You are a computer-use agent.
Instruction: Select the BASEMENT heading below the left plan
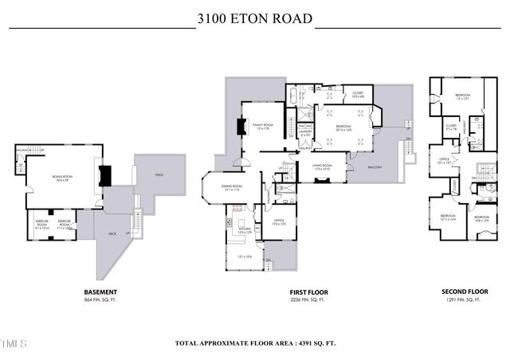pyautogui.click(x=100, y=292)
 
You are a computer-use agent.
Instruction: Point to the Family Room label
pyautogui.click(x=263, y=126)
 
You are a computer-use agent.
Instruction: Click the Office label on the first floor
pyautogui.click(x=279, y=220)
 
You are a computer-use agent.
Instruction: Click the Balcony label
pyautogui.click(x=374, y=167)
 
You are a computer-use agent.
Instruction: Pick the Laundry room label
pyautogui.click(x=304, y=133)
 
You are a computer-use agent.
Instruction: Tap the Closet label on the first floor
pyautogui.click(x=357, y=94)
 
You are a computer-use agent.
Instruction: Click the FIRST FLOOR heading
pyautogui.click(x=308, y=292)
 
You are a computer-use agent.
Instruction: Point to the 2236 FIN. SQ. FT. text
pyautogui.click(x=308, y=302)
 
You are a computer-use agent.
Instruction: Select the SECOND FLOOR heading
pyautogui.click(x=464, y=292)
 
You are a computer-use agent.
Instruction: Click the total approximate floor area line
pyautogui.click(x=254, y=343)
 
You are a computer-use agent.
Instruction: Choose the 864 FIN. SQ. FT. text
pyautogui.click(x=100, y=302)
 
